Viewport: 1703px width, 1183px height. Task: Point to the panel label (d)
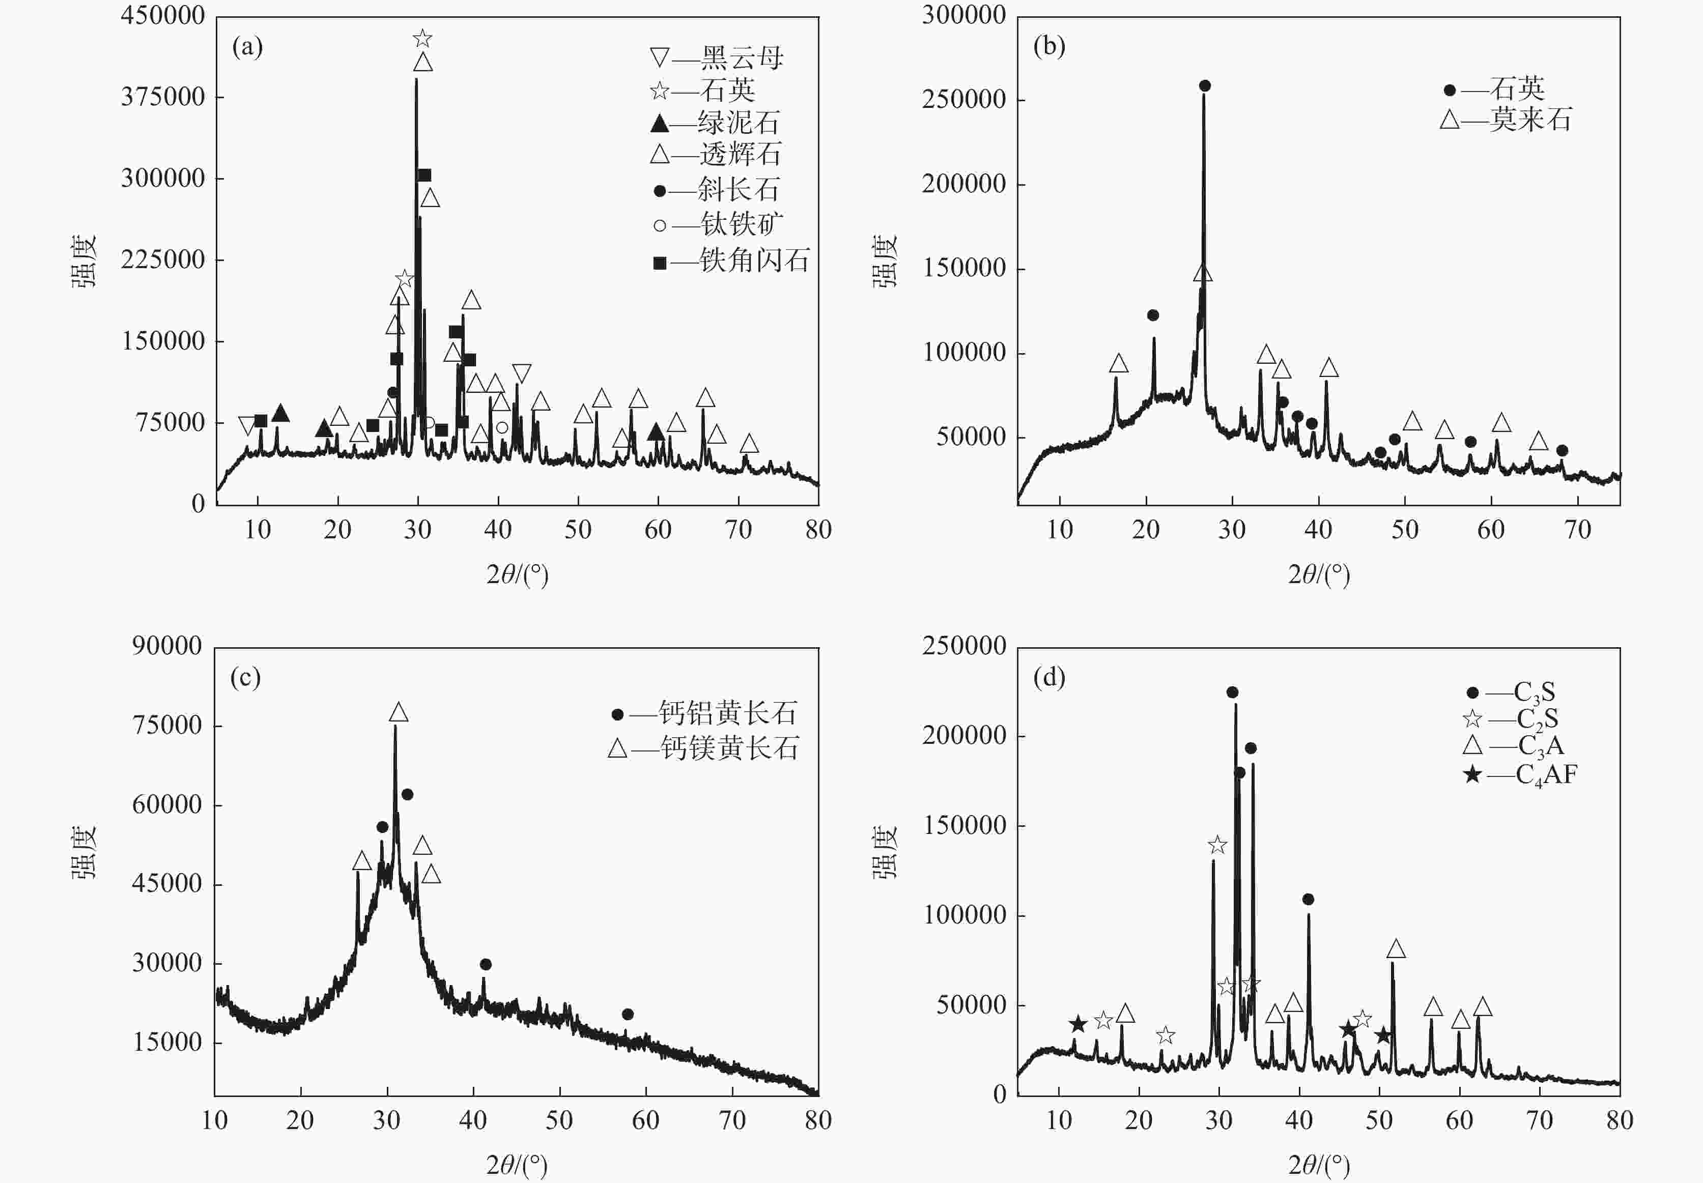click(1048, 677)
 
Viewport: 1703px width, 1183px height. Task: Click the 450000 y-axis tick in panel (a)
click(163, 16)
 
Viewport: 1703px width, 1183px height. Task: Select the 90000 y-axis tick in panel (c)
click(167, 646)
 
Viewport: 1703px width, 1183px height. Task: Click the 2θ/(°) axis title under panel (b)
click(1318, 574)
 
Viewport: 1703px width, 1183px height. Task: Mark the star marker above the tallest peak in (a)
click(422, 39)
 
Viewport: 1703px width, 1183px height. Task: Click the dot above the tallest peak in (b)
click(1205, 86)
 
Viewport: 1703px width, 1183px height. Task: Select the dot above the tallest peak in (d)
click(1232, 693)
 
